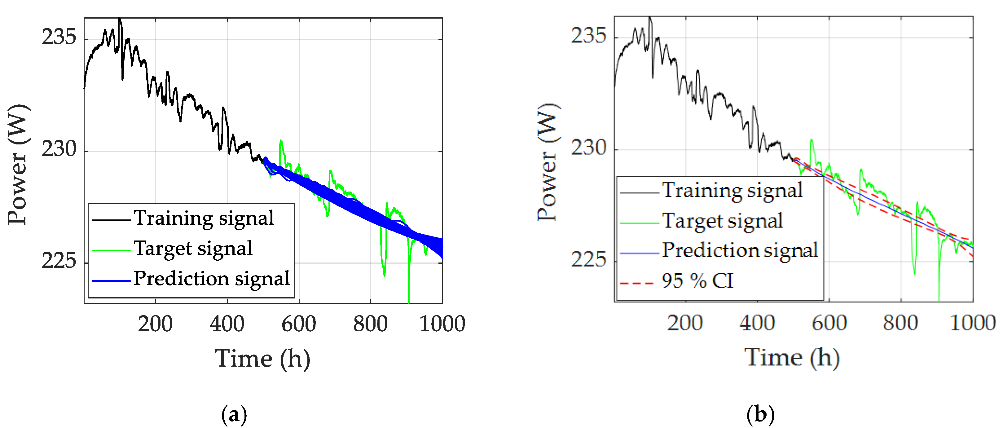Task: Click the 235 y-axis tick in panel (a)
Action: pos(58,38)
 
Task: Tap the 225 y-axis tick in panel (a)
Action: pos(58,261)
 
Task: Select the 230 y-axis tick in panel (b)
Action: pos(588,148)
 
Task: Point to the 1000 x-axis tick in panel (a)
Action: pos(442,324)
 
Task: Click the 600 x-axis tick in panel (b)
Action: pos(829,323)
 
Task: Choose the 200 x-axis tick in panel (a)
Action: pos(155,324)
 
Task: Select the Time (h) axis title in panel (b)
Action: pos(792,358)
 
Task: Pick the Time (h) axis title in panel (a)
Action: pos(262,359)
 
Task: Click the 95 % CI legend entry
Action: pos(697,281)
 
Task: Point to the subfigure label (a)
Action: pos(234,415)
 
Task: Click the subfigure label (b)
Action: pos(760,415)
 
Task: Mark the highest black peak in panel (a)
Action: pos(120,20)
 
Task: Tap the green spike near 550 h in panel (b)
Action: pos(812,140)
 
